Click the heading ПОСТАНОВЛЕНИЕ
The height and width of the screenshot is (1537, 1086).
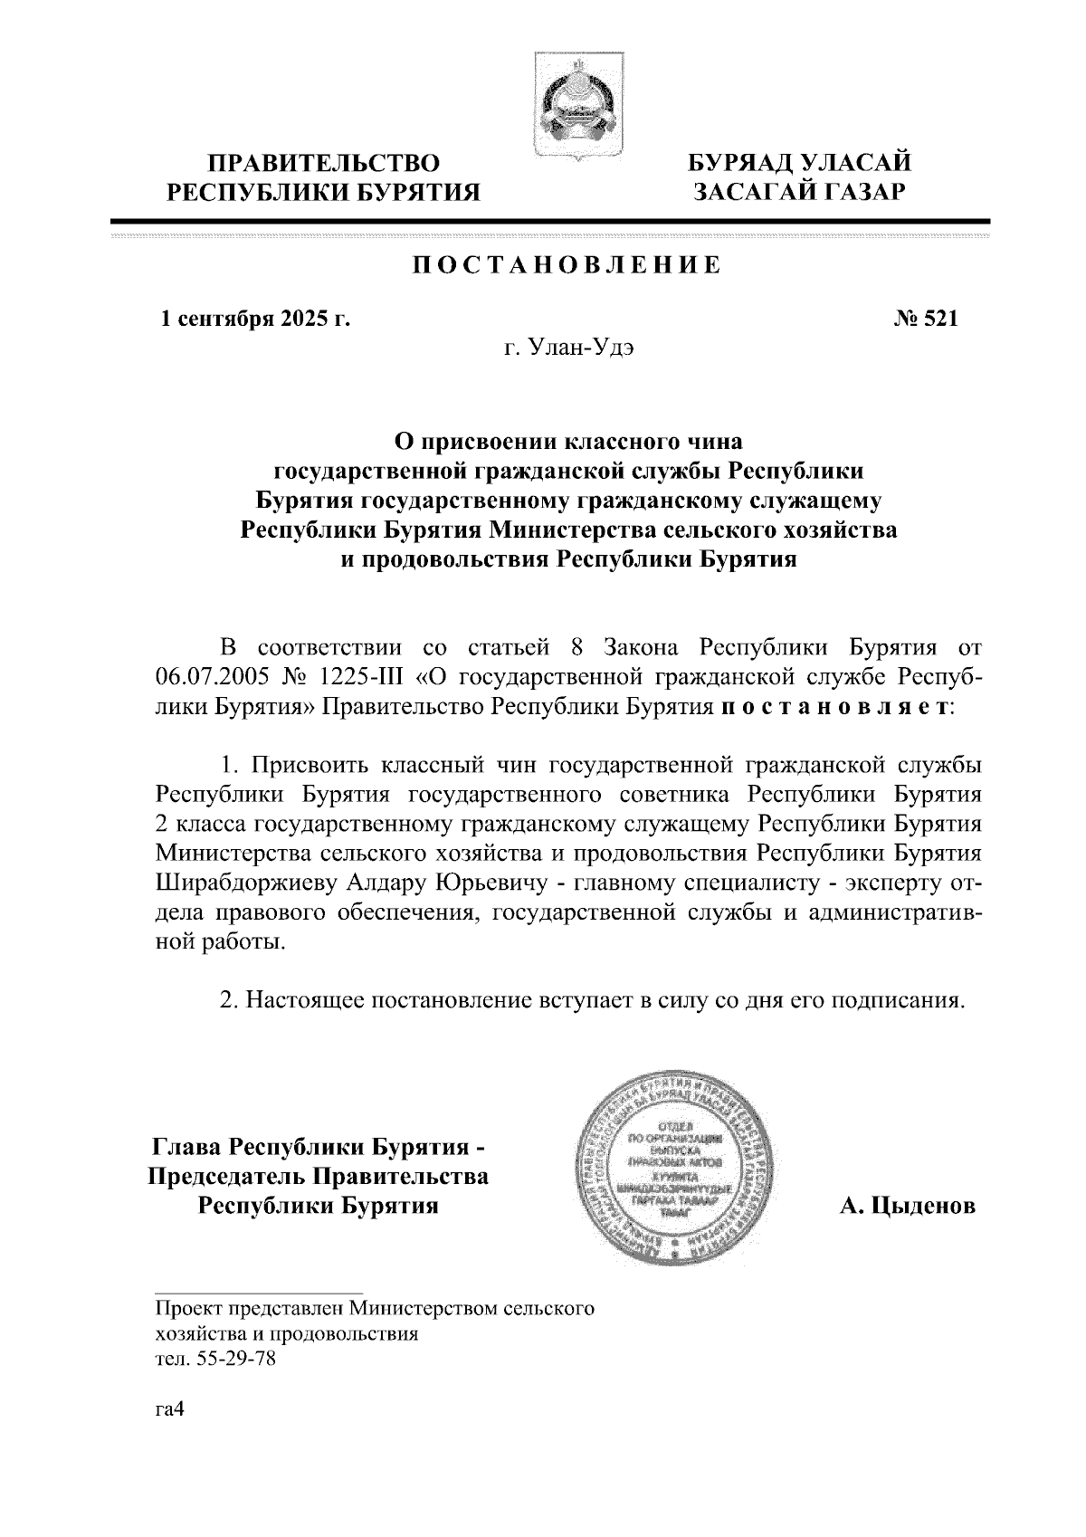click(567, 265)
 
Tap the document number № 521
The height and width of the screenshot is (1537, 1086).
click(926, 319)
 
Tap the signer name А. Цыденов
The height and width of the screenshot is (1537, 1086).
click(908, 1206)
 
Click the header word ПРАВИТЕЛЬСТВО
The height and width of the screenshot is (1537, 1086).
click(325, 164)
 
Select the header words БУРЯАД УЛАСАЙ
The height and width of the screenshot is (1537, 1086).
click(799, 164)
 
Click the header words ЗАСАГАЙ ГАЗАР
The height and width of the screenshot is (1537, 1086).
click(799, 192)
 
